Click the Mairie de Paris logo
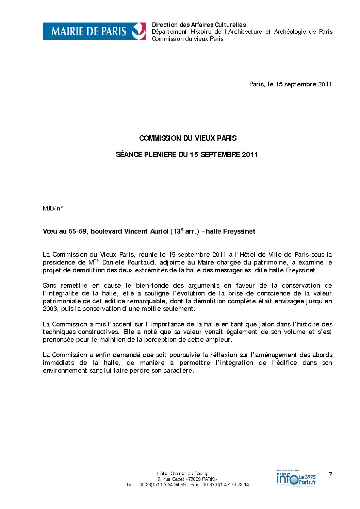pyautogui.click(x=94, y=31)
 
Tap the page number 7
pyautogui.click(x=330, y=475)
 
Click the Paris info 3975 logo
pyautogui.click(x=296, y=478)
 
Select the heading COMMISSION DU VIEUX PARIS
pyautogui.click(x=188, y=138)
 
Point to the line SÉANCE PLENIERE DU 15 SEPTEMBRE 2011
pyautogui.click(x=187, y=154)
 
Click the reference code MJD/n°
pyautogui.click(x=53, y=208)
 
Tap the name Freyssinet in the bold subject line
pyautogui.click(x=239, y=232)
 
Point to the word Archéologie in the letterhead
pyautogui.click(x=290, y=32)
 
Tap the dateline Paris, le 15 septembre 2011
pyautogui.click(x=290, y=84)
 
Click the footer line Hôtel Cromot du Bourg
pyautogui.click(x=182, y=473)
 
